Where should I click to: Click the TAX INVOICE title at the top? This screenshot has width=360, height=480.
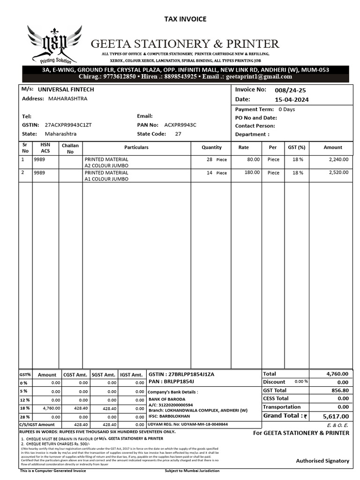coord(185,19)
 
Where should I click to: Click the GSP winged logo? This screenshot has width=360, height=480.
coord(54,45)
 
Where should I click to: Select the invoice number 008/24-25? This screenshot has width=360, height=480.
coord(286,90)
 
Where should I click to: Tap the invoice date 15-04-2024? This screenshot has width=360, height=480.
coord(292,100)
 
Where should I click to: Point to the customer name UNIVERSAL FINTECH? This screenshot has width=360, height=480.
coord(66,89)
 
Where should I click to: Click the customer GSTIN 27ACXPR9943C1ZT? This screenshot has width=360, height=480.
coord(68,125)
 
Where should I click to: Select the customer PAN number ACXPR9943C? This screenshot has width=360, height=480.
coord(180,125)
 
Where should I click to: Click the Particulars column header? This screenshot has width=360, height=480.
coord(136,147)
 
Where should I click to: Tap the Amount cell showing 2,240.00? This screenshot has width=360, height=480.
coord(338,159)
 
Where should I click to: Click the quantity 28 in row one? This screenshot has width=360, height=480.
coord(210,159)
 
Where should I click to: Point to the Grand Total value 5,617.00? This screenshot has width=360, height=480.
coord(336,416)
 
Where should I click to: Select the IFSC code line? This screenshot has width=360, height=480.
coord(169,416)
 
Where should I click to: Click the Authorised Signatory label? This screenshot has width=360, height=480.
coord(322,461)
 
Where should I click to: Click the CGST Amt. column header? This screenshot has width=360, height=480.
coord(75,375)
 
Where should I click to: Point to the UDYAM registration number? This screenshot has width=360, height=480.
coord(187,424)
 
